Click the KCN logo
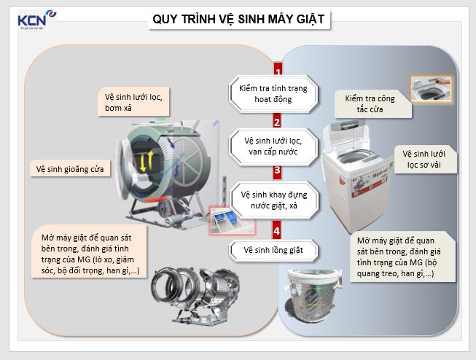pos(34,20)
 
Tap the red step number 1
pos(278,72)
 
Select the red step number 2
pos(277,122)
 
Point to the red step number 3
pos(277,172)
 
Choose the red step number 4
pos(277,231)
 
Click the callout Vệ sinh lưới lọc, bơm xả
pos(133,102)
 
